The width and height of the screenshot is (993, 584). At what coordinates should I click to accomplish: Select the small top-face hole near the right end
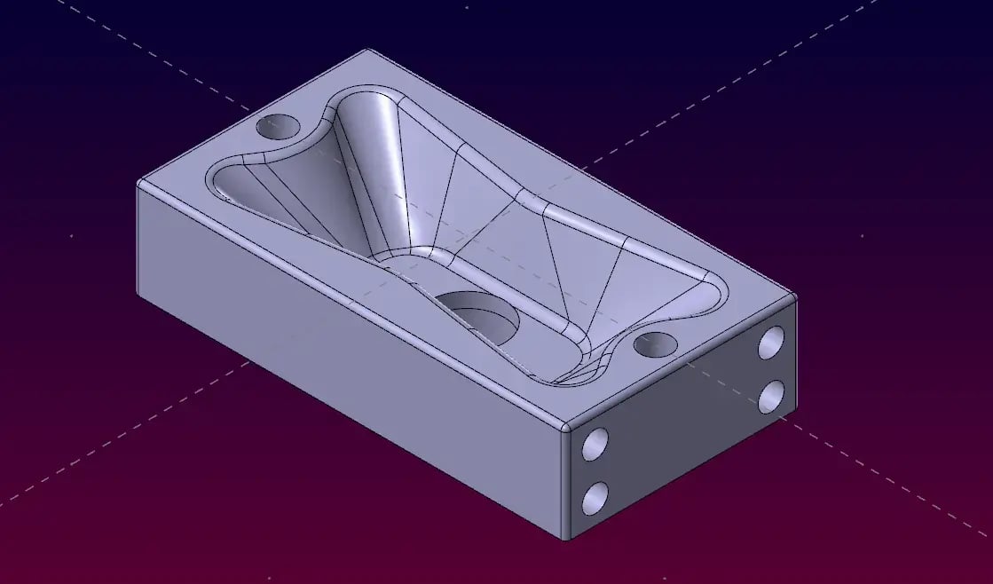(x=656, y=343)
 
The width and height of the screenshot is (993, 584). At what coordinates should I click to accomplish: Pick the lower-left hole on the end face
(x=595, y=498)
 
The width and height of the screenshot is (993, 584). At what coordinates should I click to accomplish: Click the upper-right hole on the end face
(x=771, y=342)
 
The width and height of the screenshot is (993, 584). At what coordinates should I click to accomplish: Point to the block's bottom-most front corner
(x=565, y=539)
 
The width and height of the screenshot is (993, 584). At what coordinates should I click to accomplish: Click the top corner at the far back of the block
(x=366, y=50)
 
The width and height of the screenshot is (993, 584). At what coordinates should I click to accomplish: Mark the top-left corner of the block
(x=140, y=184)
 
